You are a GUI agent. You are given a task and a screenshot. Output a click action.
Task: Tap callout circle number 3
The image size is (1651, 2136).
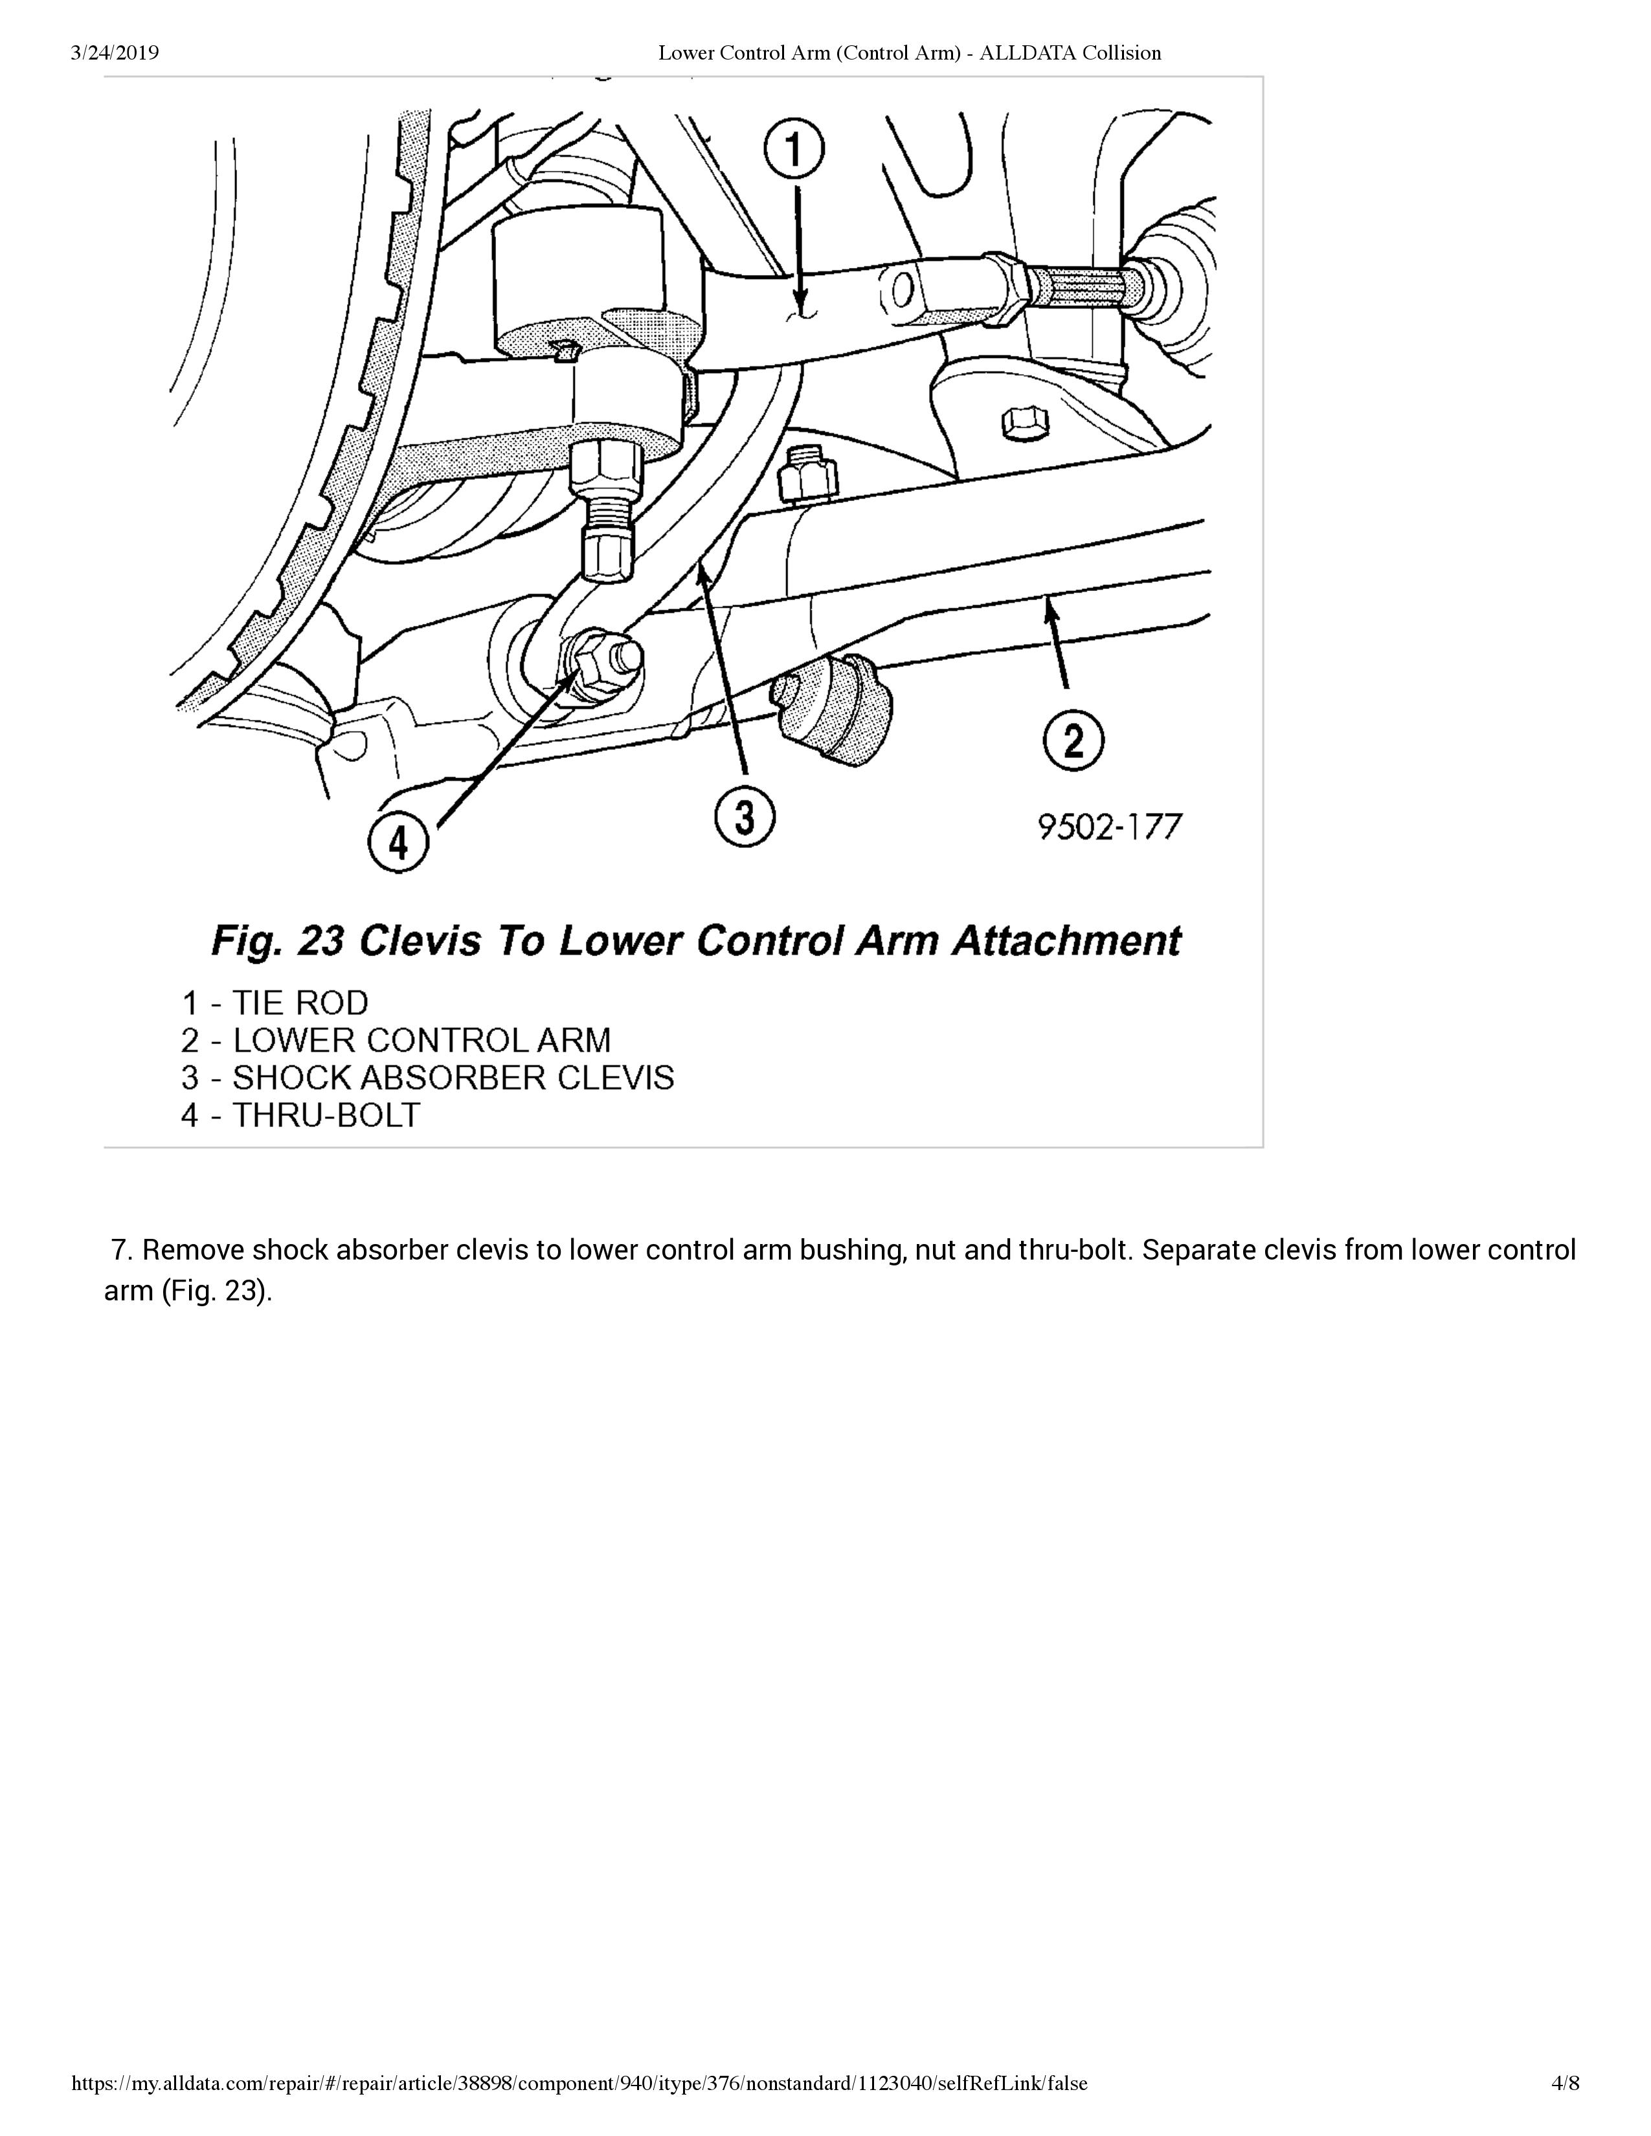(745, 818)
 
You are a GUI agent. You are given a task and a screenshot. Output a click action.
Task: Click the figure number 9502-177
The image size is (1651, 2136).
(1109, 827)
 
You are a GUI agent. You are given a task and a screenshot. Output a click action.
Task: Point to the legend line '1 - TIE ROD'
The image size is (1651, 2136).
(275, 1003)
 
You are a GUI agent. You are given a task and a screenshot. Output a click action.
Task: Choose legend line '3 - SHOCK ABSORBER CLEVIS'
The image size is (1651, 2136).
(427, 1078)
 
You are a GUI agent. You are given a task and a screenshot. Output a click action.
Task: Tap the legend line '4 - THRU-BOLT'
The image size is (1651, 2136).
(300, 1115)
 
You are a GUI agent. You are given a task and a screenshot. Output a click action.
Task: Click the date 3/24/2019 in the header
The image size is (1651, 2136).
(115, 53)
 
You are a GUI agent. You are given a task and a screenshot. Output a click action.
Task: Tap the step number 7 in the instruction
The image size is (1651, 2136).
(121, 1250)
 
